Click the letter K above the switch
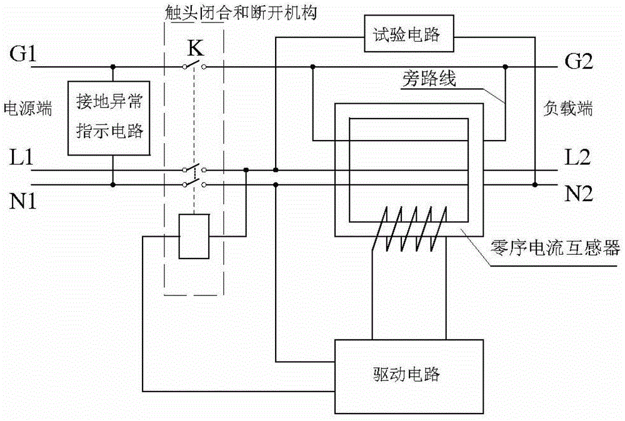pyautogui.click(x=196, y=47)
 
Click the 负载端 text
pyautogui.click(x=567, y=109)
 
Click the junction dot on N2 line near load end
pyautogui.click(x=535, y=185)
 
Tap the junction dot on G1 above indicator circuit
pyautogui.click(x=112, y=66)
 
